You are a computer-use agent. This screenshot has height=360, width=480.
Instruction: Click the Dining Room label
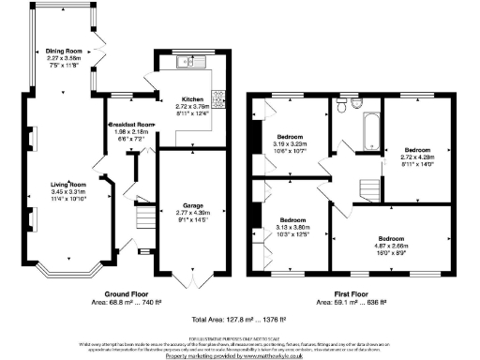click(65, 51)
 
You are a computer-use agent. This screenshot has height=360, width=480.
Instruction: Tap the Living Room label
click(68, 185)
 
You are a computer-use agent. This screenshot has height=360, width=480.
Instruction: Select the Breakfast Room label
click(131, 125)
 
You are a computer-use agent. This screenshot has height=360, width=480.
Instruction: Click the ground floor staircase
click(144, 220)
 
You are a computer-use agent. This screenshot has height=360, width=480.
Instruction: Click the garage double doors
click(193, 278)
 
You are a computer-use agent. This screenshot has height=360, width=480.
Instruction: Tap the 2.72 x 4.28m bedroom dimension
click(417, 157)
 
